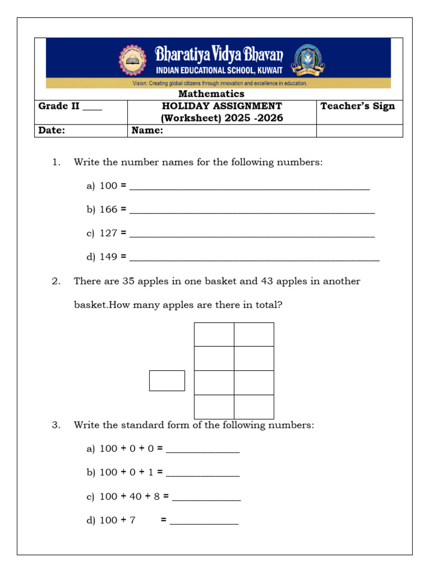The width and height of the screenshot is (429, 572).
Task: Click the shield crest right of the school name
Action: (308, 60)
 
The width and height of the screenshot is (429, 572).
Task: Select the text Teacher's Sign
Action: (357, 106)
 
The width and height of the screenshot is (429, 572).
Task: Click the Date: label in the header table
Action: (51, 131)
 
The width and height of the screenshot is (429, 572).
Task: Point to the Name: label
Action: (147, 131)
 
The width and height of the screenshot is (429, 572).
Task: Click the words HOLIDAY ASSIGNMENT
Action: (222, 106)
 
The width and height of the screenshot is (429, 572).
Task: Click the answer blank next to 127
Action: (251, 234)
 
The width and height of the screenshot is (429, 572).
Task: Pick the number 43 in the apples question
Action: (266, 281)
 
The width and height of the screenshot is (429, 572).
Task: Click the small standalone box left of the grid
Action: (167, 380)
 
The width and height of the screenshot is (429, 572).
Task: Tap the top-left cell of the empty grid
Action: (214, 335)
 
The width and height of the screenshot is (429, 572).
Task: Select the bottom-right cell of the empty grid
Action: (254, 407)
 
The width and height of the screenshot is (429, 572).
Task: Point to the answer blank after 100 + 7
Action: (204, 521)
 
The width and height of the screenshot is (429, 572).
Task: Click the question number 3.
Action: (56, 425)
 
